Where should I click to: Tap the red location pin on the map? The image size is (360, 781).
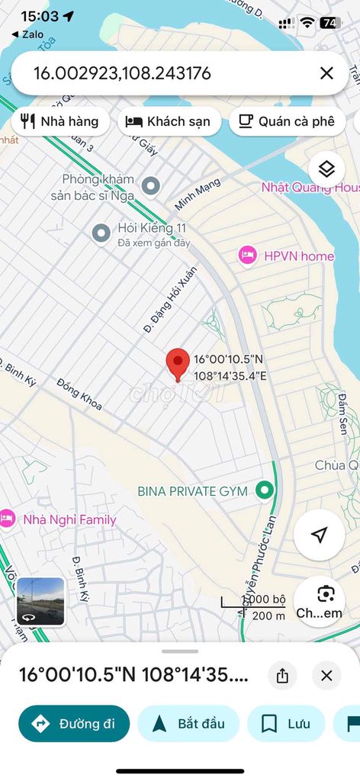click(x=178, y=363)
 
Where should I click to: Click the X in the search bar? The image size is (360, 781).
click(x=326, y=73)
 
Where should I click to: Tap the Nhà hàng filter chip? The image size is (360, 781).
click(x=61, y=121)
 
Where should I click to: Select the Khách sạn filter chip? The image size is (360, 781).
click(x=168, y=121)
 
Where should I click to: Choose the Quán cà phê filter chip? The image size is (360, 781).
click(x=287, y=121)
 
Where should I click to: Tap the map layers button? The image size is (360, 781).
click(x=326, y=169)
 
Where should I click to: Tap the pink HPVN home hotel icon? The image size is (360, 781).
click(x=247, y=256)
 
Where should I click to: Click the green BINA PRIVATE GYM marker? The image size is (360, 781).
click(x=265, y=490)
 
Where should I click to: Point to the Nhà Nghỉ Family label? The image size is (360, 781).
click(x=69, y=520)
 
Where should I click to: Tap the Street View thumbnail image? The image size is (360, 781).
click(x=40, y=601)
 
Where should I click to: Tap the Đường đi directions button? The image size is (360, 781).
click(x=74, y=724)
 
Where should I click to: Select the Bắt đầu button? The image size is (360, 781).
click(x=188, y=724)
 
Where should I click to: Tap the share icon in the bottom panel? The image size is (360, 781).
click(x=283, y=675)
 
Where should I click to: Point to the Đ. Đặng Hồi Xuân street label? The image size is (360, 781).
click(x=171, y=299)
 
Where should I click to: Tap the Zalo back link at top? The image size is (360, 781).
click(x=28, y=34)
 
